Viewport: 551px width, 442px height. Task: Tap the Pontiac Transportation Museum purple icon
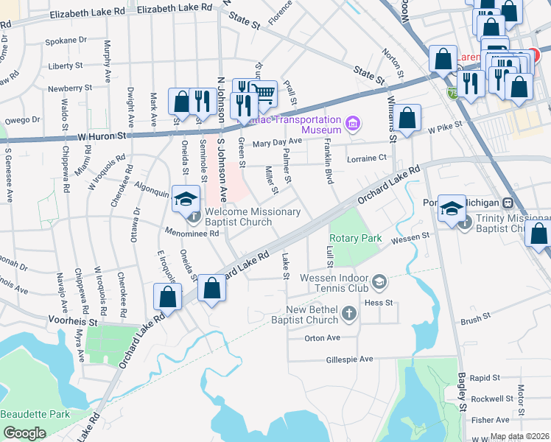(353, 122)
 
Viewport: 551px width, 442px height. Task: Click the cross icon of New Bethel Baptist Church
(350, 315)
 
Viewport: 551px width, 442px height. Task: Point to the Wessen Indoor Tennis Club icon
(379, 281)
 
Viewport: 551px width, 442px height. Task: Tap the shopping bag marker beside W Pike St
(407, 118)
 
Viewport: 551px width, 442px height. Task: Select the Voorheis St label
(73, 322)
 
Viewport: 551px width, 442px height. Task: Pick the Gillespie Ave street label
(350, 359)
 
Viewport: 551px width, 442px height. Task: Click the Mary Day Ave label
(278, 141)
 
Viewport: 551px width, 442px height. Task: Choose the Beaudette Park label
(35, 414)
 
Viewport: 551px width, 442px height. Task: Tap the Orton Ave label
(323, 338)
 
